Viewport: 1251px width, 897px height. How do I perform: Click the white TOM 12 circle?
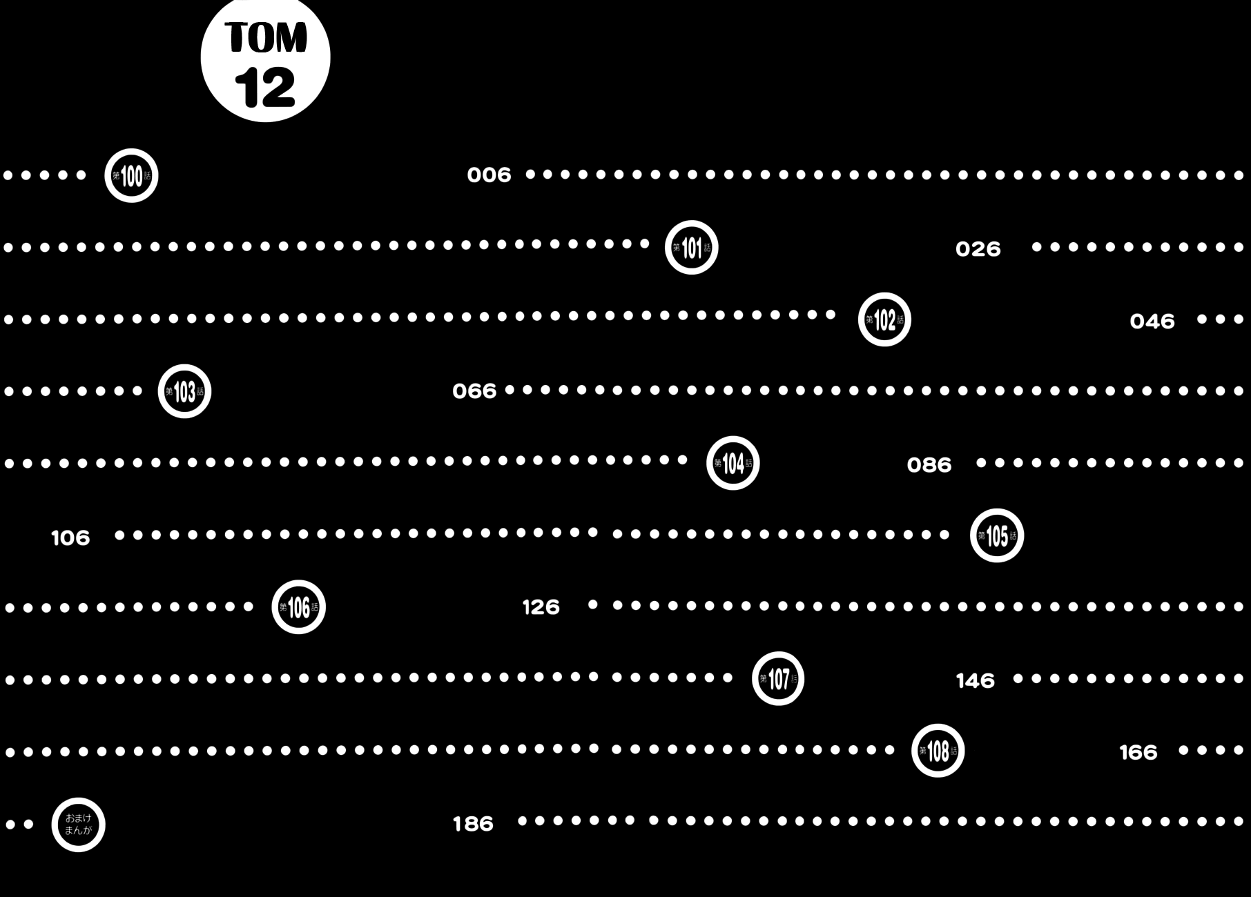(x=265, y=59)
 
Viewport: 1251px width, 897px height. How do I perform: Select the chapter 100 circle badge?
(x=131, y=175)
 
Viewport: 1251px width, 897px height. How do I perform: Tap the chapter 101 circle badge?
(x=691, y=248)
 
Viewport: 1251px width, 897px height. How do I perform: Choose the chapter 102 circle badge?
(x=884, y=319)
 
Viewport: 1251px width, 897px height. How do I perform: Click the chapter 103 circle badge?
(x=184, y=391)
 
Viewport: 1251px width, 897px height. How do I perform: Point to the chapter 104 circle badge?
(x=733, y=463)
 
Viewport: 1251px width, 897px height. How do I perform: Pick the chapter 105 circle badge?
(x=996, y=535)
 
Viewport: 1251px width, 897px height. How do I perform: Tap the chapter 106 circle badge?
(x=298, y=607)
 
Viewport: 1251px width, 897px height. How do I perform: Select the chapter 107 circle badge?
(x=778, y=679)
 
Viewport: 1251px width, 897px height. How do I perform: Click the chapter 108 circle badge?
(x=938, y=751)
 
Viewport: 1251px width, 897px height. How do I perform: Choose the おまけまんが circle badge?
(x=78, y=825)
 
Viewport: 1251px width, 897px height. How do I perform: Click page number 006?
(x=489, y=175)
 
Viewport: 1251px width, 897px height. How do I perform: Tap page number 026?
(x=978, y=249)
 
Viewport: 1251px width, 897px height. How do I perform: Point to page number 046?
(x=1152, y=322)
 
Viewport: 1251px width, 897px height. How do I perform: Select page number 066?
(x=474, y=392)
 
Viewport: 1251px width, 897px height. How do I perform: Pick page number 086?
(x=929, y=465)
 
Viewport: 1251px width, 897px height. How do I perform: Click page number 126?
(x=541, y=607)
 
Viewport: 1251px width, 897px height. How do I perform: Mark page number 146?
(x=975, y=681)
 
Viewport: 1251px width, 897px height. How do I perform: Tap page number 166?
(x=1138, y=752)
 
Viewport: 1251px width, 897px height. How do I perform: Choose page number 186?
(x=473, y=824)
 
